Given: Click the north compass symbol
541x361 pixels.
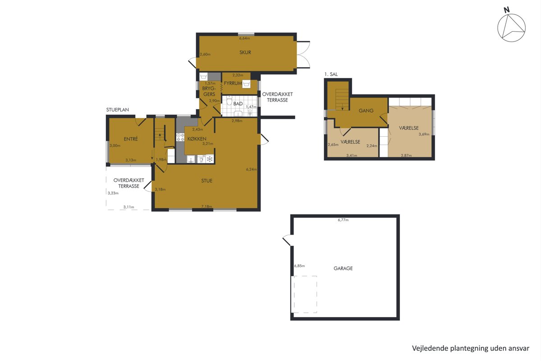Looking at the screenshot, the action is click(511, 28).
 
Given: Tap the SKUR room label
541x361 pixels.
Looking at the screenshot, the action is click(245, 52).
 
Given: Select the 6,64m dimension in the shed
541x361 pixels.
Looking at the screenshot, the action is click(244, 38).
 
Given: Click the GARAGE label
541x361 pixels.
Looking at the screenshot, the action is click(343, 268).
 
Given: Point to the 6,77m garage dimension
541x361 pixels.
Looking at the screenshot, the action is click(343, 220).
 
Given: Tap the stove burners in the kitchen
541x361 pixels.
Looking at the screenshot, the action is click(180, 137).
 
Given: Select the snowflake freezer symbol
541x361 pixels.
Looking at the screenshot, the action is click(210, 159).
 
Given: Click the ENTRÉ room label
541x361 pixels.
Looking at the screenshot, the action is click(131, 139).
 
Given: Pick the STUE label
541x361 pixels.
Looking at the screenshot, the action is click(207, 180).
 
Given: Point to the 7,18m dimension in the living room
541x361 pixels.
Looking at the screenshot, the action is click(207, 207).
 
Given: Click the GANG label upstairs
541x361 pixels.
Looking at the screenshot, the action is click(366, 111).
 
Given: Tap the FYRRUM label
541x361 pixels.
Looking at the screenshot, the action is click(233, 83).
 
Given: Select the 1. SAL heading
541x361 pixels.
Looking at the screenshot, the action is click(331, 74).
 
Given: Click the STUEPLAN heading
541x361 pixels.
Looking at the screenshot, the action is click(117, 110).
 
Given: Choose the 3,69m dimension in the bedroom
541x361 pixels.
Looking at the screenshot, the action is click(424, 134).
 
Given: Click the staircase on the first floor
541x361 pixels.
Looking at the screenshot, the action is click(342, 100).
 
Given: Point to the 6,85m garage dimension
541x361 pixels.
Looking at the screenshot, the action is click(299, 266).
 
